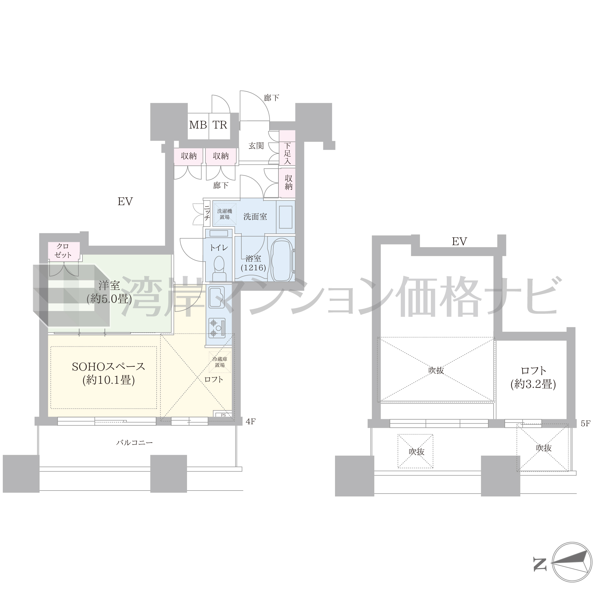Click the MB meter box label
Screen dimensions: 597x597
point(198,125)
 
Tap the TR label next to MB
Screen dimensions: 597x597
point(220,125)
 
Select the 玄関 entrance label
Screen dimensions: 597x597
point(256,146)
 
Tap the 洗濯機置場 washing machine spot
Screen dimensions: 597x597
point(225,214)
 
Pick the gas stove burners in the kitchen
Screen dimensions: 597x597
point(217,328)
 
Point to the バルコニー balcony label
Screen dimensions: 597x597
point(134,443)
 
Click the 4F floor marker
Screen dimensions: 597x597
point(251,421)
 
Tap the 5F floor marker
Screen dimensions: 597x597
point(586,424)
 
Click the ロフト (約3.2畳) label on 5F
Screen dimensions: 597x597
point(533,377)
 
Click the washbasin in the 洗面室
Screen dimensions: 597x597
point(286,217)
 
